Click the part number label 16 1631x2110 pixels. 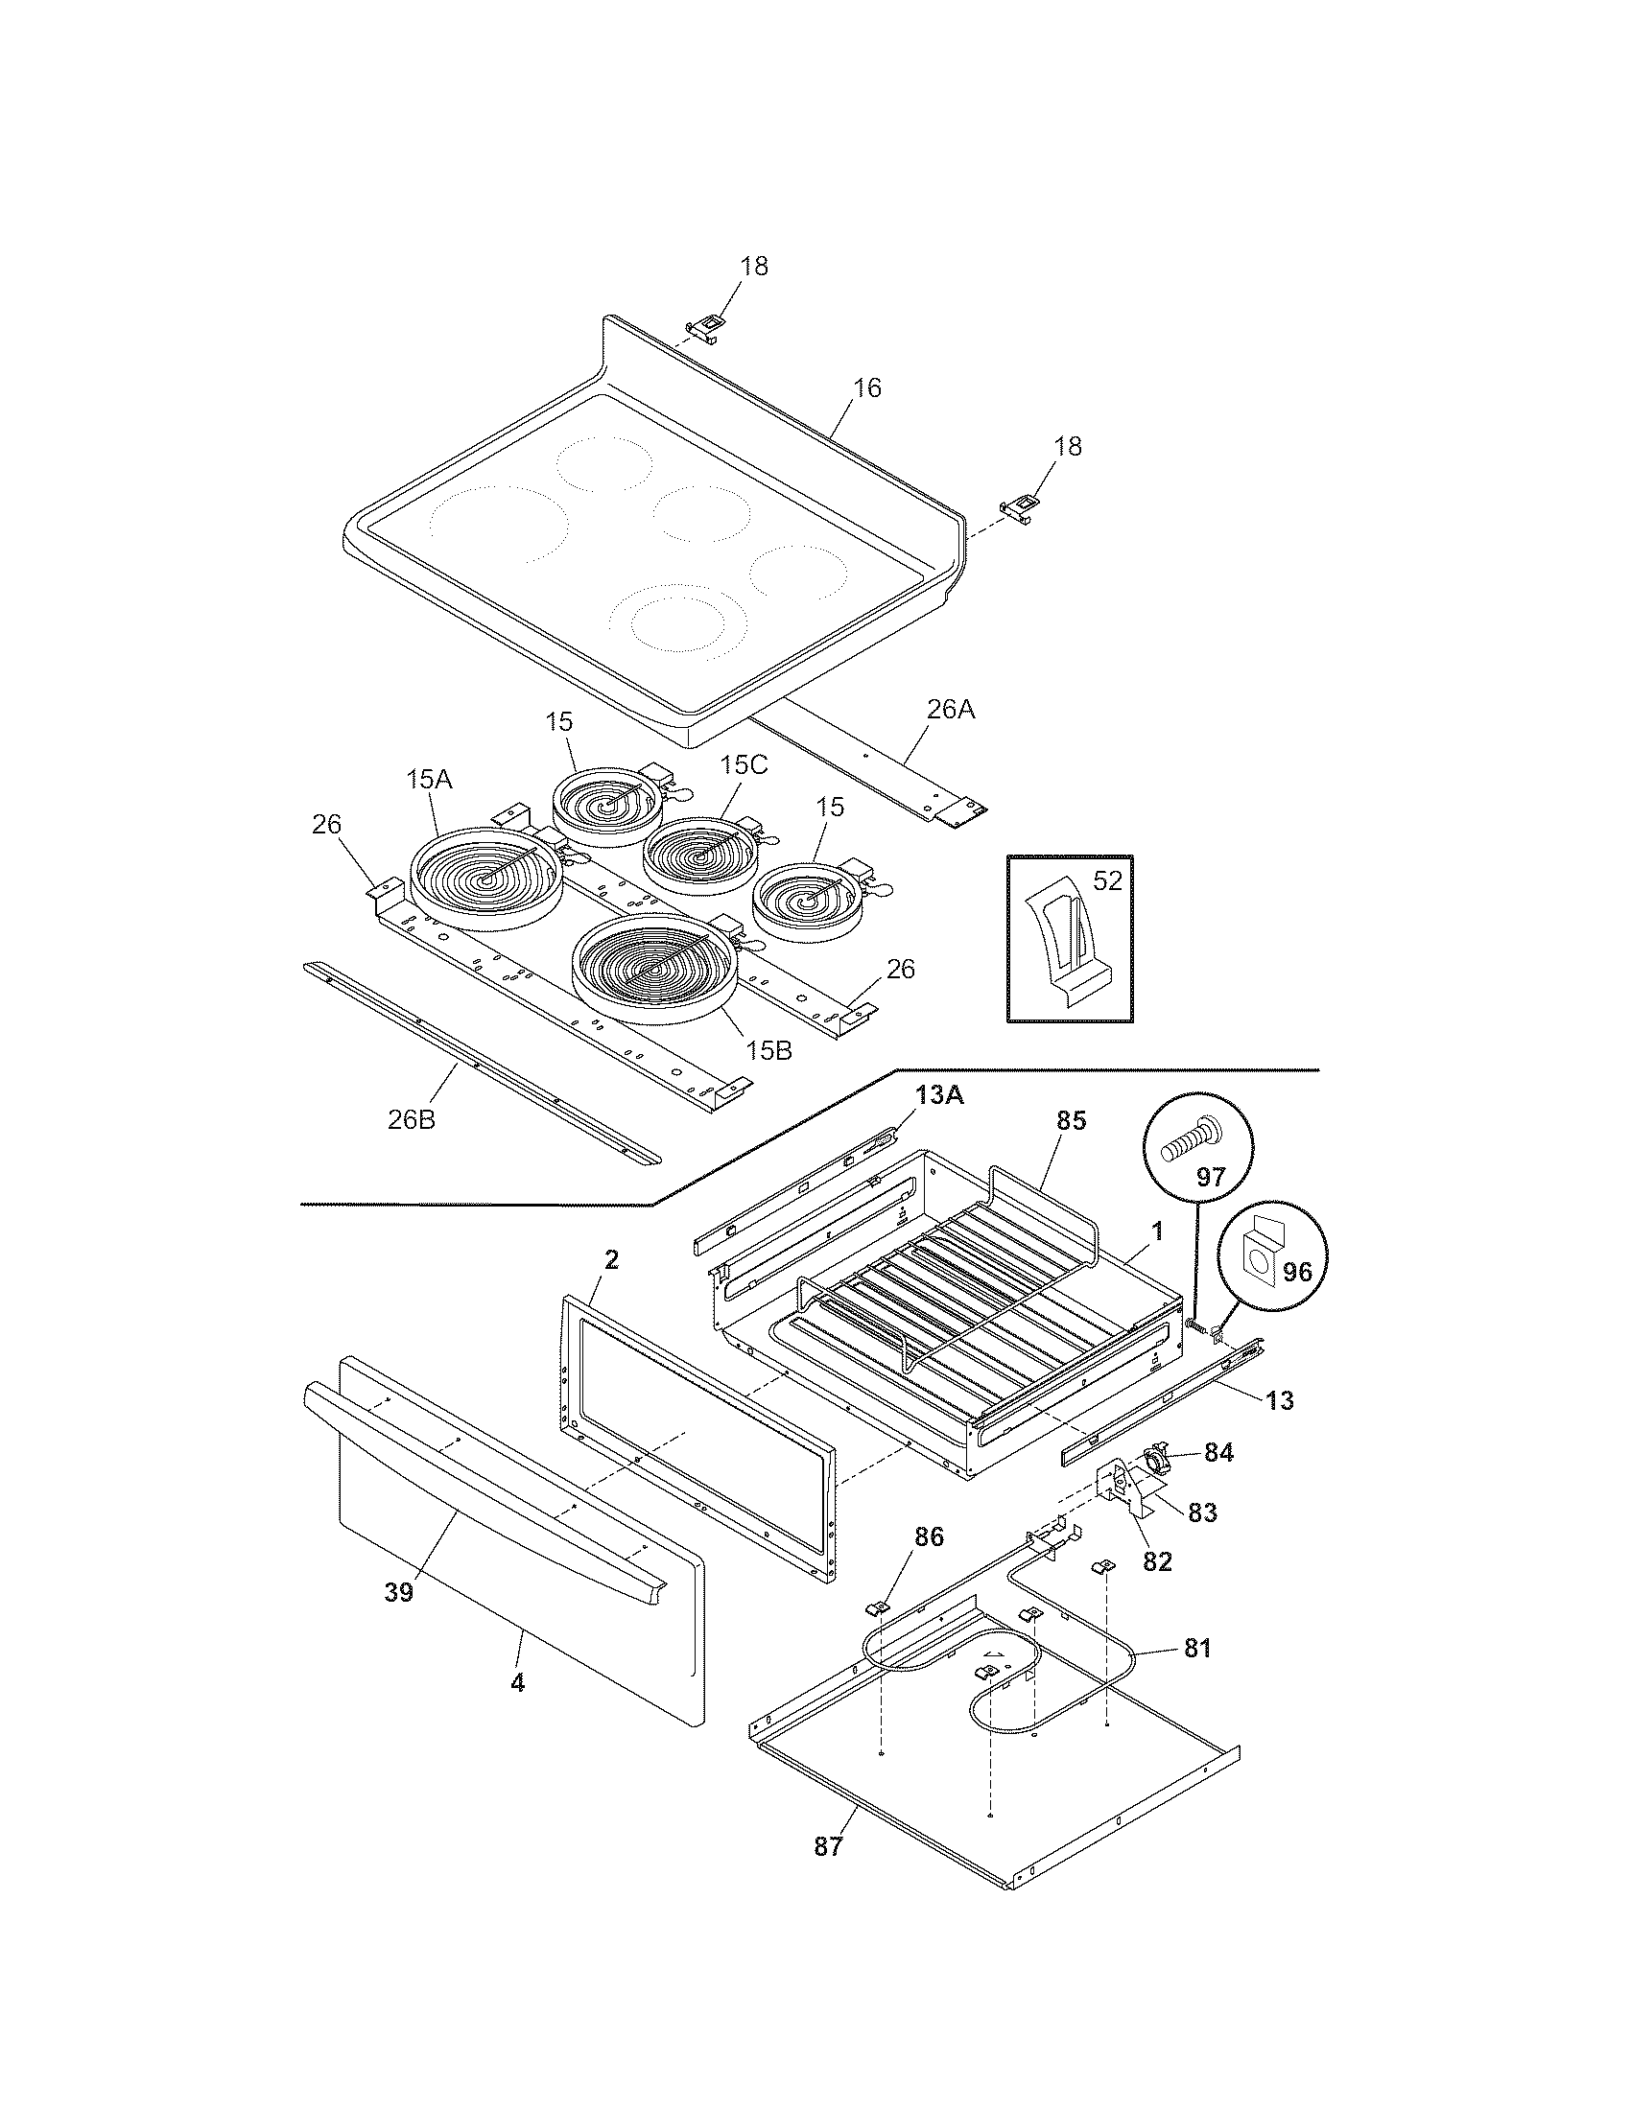[866, 388]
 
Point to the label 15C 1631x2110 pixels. [743, 765]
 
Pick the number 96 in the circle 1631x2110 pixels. [1296, 1272]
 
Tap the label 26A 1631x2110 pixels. [952, 710]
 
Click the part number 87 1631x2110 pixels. [828, 1846]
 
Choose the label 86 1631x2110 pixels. [930, 1537]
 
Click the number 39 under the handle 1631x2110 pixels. [398, 1593]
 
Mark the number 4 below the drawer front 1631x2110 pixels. [518, 1683]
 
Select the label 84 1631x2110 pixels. [1218, 1452]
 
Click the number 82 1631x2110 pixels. [1157, 1561]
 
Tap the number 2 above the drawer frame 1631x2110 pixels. [612, 1260]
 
